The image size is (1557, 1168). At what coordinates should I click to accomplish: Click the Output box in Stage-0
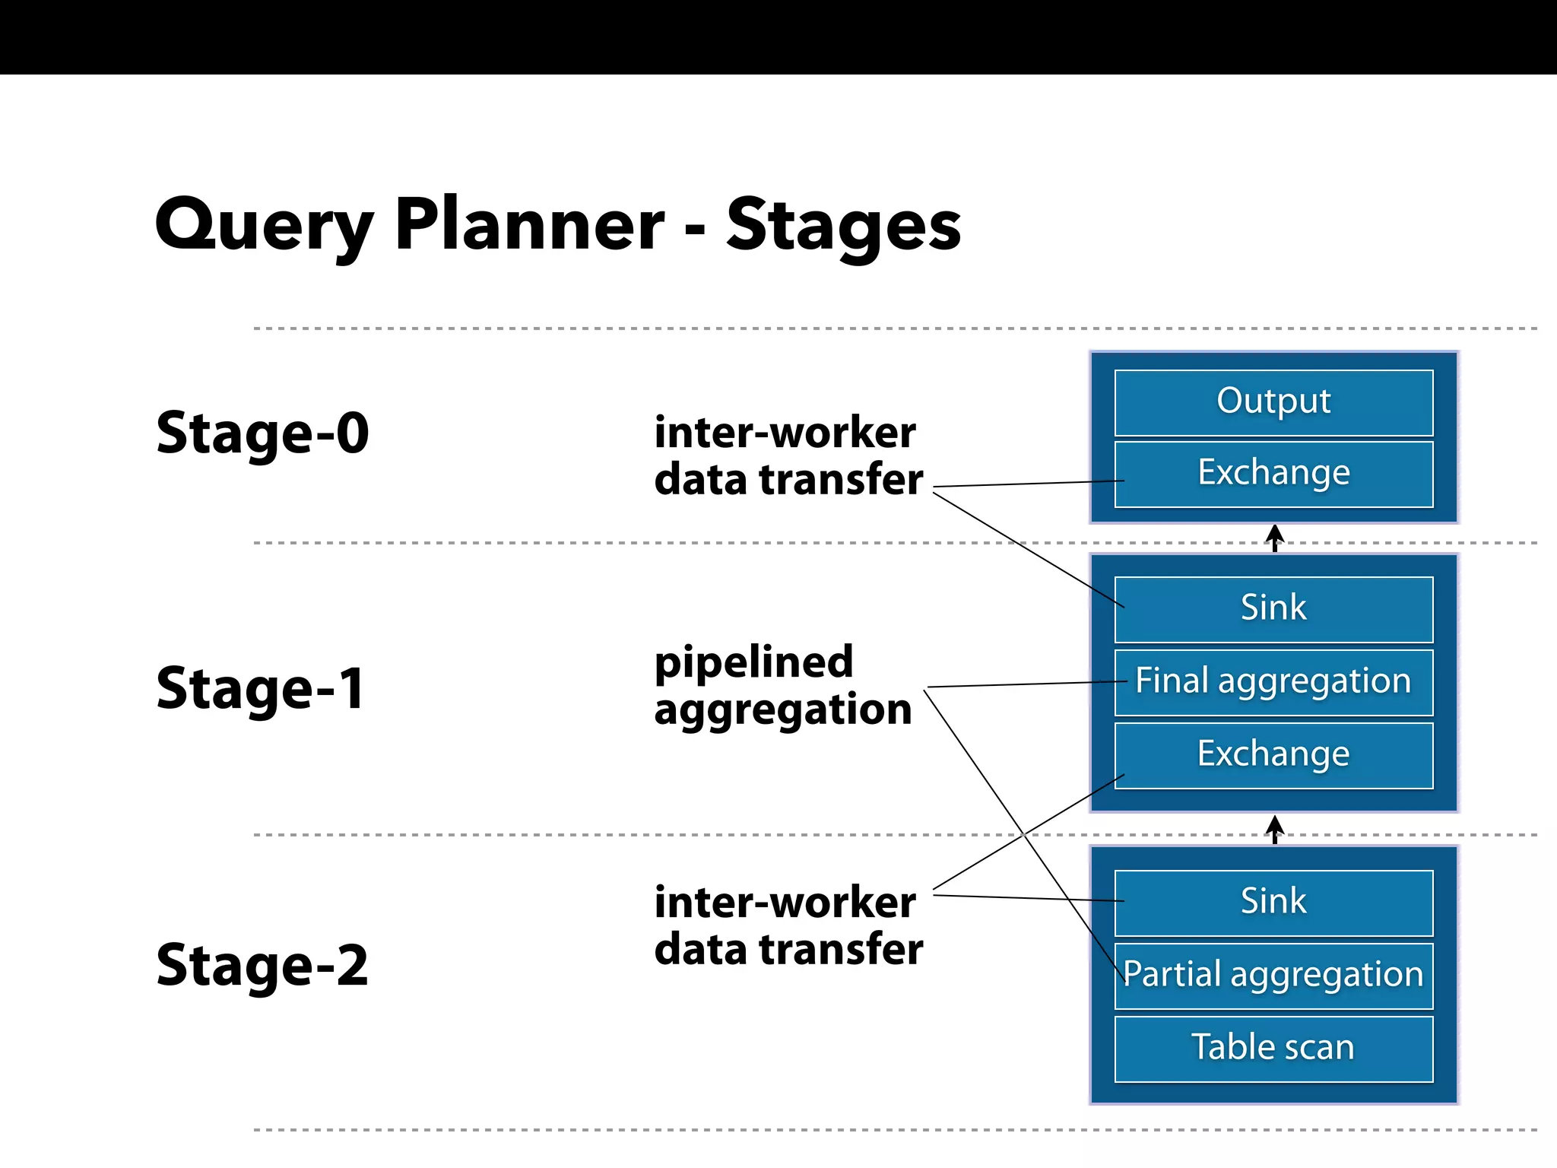pos(1273,402)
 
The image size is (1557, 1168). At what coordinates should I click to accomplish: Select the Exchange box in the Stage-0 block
pos(1273,474)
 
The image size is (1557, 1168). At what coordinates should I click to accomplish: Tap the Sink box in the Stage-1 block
pos(1273,609)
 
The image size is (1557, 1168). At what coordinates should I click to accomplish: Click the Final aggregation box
pos(1273,682)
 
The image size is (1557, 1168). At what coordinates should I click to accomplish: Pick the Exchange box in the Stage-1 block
pos(1273,755)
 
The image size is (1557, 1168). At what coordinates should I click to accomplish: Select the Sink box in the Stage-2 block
pos(1273,903)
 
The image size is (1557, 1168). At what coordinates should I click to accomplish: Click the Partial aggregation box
pos(1273,976)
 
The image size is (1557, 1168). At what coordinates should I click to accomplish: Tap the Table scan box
pos(1273,1049)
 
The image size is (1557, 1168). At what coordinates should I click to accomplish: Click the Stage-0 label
pos(262,433)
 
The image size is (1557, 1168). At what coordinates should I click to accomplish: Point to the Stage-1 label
pos(261,689)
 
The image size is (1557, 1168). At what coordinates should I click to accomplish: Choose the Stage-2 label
pos(262,966)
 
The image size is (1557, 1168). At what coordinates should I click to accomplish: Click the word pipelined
pos(753,663)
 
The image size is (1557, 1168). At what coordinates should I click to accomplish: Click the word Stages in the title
pos(843,226)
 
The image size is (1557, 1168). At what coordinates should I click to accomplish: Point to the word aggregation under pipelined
pos(782,711)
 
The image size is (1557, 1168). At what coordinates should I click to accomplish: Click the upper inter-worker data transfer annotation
pos(788,456)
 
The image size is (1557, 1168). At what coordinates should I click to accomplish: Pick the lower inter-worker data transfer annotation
pos(788,925)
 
